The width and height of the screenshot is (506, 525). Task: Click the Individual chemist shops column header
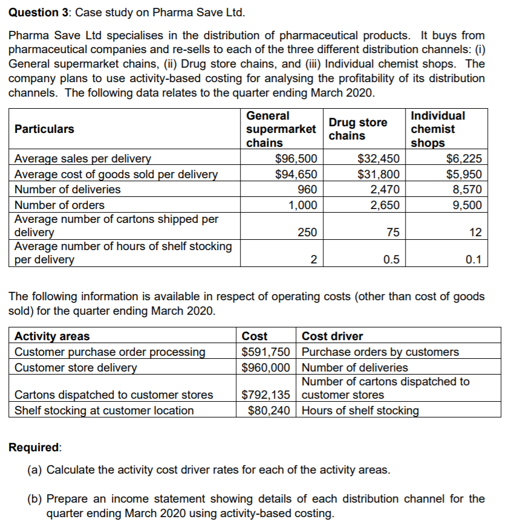pyautogui.click(x=438, y=129)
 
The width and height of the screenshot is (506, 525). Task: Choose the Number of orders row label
pyautogui.click(x=59, y=205)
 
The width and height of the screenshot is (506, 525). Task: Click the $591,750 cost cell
pyautogui.click(x=266, y=352)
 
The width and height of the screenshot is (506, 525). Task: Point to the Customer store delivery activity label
pyautogui.click(x=76, y=367)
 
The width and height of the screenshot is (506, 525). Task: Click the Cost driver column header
pyautogui.click(x=332, y=337)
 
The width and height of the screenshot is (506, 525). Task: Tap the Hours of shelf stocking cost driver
pyautogui.click(x=360, y=410)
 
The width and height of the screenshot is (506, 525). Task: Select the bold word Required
pyautogui.click(x=34, y=447)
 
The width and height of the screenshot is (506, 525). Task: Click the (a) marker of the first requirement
pyautogui.click(x=35, y=469)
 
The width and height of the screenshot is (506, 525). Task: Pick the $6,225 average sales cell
pyautogui.click(x=464, y=159)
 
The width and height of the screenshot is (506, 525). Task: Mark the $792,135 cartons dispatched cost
pyautogui.click(x=266, y=395)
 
